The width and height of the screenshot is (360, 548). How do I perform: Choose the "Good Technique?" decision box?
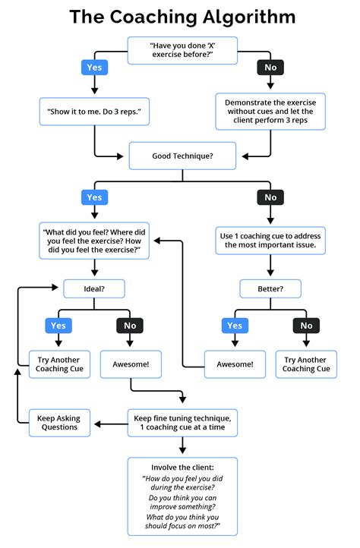click(x=182, y=155)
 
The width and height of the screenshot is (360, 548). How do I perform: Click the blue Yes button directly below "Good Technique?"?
click(x=94, y=197)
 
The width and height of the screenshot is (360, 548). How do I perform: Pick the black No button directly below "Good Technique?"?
click(x=270, y=197)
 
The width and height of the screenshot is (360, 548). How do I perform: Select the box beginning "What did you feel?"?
click(x=94, y=241)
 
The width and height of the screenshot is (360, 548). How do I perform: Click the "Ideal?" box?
click(x=94, y=288)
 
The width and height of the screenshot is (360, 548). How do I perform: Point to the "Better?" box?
click(x=270, y=288)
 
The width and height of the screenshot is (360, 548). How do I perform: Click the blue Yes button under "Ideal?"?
click(x=58, y=326)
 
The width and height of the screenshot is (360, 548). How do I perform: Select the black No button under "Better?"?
click(x=306, y=326)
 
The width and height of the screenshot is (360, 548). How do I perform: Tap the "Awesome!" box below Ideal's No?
click(x=131, y=364)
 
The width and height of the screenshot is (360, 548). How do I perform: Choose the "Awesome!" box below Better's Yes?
click(x=234, y=364)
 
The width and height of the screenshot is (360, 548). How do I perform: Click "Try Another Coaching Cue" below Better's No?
click(x=306, y=364)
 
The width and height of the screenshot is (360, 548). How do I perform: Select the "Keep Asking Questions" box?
click(x=59, y=422)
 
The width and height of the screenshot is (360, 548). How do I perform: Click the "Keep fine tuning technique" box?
click(x=182, y=422)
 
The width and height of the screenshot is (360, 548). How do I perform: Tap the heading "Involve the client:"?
click(x=182, y=467)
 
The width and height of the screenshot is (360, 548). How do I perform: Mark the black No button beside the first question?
click(x=270, y=68)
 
